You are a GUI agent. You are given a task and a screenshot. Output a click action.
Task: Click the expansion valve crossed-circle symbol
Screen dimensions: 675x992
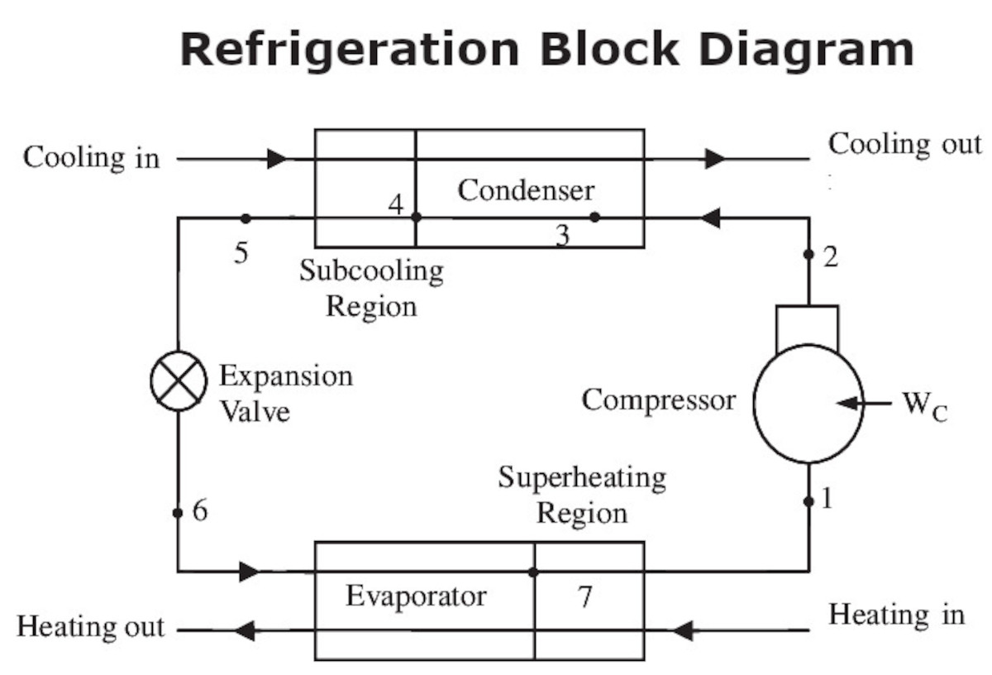[x=178, y=380]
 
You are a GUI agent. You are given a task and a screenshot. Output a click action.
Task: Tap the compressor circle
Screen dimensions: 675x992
[x=808, y=403]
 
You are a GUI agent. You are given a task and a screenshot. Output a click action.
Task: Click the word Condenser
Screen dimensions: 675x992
[x=526, y=190]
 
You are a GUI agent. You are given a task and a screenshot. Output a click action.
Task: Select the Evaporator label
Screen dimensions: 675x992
[x=416, y=596]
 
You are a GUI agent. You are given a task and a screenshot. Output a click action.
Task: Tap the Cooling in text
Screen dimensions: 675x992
[x=91, y=157]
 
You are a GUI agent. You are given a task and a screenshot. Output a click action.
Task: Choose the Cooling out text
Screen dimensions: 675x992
[x=905, y=144]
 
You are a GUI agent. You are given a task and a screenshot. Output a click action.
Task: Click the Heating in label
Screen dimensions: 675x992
[x=896, y=615]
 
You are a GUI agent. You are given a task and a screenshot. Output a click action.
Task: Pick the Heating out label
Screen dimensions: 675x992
[x=91, y=626]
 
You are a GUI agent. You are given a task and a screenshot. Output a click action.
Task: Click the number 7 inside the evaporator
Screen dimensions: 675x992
[x=584, y=596]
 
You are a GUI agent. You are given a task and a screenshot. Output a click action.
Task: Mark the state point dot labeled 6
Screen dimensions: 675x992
[x=178, y=513]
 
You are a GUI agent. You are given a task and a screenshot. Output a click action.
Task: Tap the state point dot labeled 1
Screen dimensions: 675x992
[x=808, y=501]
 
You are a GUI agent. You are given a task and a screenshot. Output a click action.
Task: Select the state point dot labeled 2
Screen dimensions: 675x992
[x=808, y=254]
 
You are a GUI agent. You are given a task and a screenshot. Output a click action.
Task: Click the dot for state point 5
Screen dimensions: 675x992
[x=245, y=218]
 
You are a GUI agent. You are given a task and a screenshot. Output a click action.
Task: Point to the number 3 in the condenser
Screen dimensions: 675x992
[x=562, y=237]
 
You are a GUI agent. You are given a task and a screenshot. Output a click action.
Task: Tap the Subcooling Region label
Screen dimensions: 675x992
[x=371, y=288]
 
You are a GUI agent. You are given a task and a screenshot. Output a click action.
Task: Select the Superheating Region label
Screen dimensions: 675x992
[x=582, y=495]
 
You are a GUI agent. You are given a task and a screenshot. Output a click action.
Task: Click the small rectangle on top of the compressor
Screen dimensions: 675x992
[x=807, y=326]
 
